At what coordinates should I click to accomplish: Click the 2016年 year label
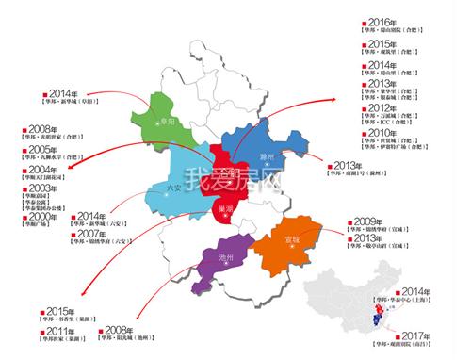[x=382, y=22]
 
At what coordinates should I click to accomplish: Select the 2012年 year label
[x=382, y=106]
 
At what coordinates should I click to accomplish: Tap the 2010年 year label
[x=382, y=133]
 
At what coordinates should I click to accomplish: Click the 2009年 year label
[x=365, y=221]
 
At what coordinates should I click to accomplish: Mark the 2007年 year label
[x=91, y=233]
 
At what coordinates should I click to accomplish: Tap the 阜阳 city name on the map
[x=170, y=121]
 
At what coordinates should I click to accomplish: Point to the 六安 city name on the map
[x=172, y=187]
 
